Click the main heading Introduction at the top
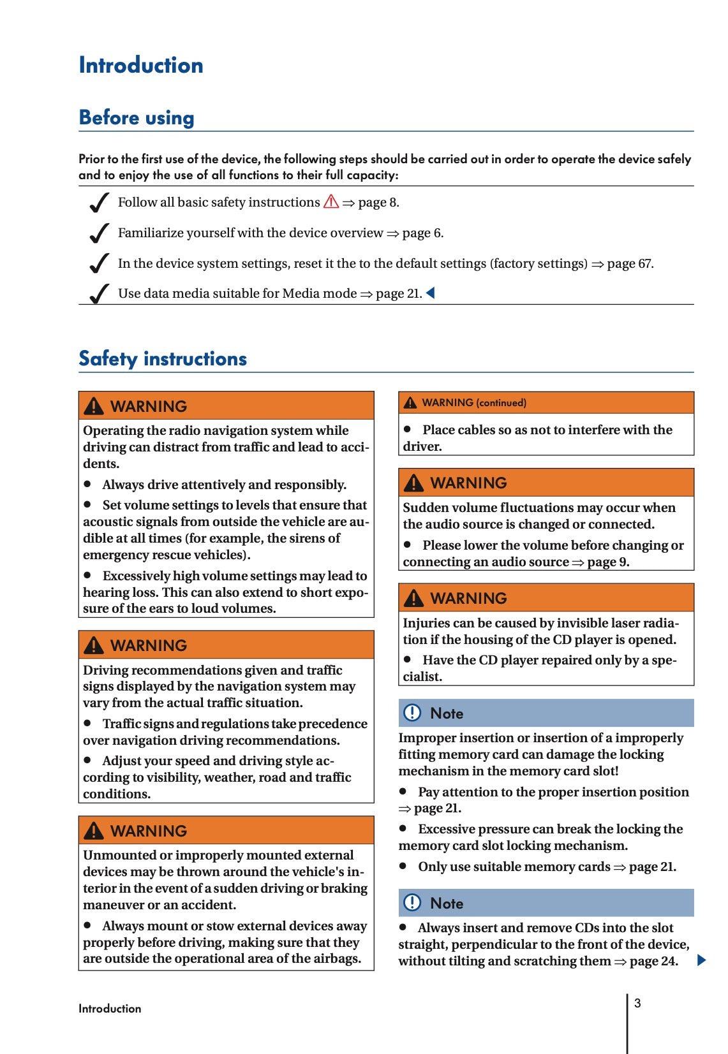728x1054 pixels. (141, 65)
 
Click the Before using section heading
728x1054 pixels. (137, 118)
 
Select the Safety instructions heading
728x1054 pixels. (163, 359)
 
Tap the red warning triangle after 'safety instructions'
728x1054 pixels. (331, 202)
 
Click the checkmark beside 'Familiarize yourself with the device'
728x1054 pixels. (99, 233)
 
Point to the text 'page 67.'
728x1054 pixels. (630, 263)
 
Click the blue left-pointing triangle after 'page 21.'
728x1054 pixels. (431, 293)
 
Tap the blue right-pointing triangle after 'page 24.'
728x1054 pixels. (702, 960)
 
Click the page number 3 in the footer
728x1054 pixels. (637, 1004)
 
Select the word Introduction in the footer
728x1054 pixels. (110, 1009)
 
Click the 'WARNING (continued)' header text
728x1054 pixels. (474, 403)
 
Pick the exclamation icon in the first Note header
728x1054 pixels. (413, 713)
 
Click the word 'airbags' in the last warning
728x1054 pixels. (336, 959)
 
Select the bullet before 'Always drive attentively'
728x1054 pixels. (88, 485)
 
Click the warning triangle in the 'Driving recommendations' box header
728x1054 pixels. (94, 645)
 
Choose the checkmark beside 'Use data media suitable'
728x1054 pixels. (99, 294)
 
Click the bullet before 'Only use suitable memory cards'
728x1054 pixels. (403, 866)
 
